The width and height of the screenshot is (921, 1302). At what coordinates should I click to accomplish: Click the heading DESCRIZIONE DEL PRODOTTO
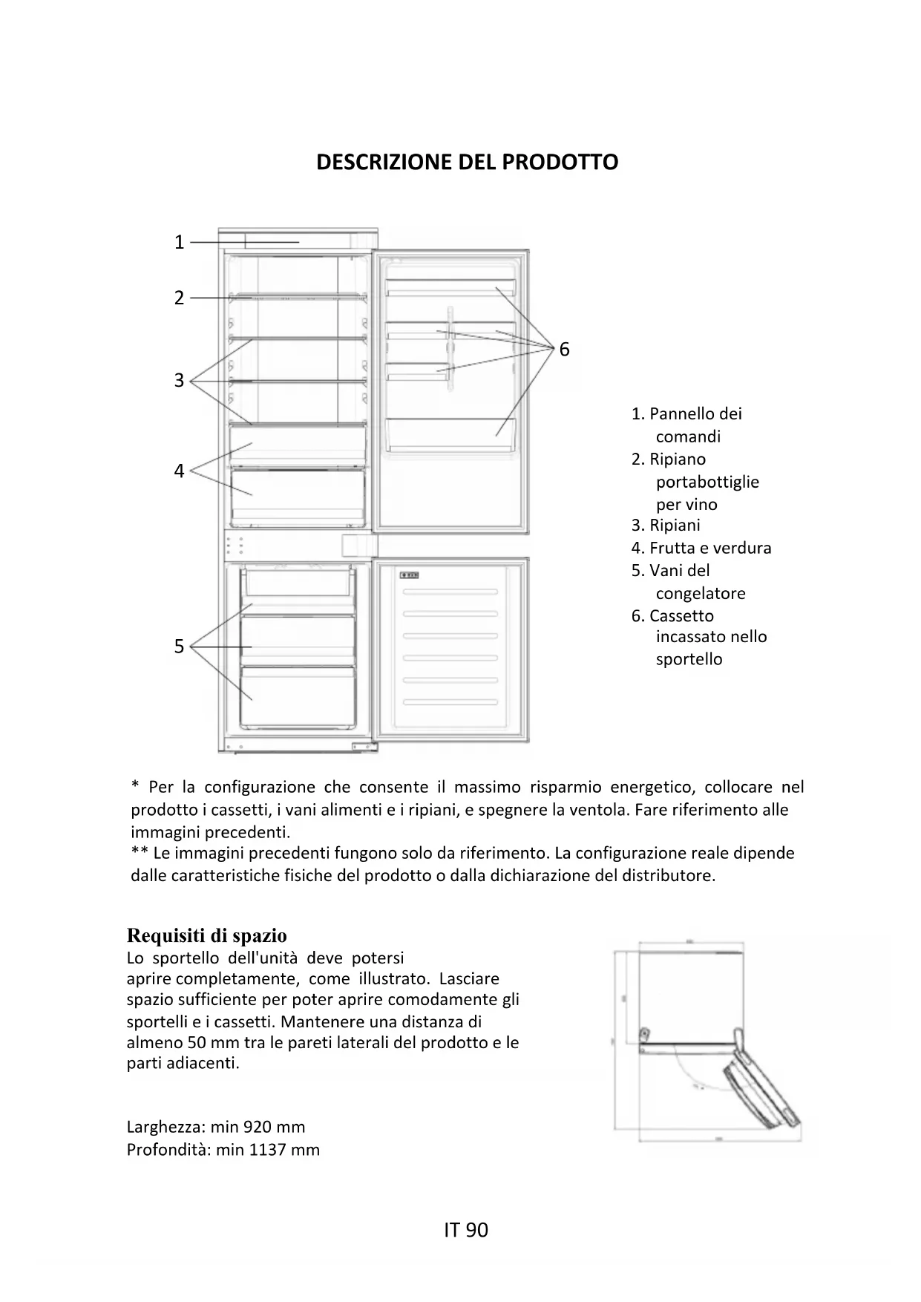click(x=467, y=163)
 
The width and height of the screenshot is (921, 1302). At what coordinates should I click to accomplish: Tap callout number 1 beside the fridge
click(x=179, y=242)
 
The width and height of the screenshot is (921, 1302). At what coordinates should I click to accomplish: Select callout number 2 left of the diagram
click(x=179, y=298)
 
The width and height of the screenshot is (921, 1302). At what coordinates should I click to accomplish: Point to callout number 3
click(x=179, y=380)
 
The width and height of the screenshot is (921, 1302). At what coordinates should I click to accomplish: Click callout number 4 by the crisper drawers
click(x=179, y=471)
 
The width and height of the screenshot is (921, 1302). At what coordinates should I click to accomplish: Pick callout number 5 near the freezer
click(x=179, y=647)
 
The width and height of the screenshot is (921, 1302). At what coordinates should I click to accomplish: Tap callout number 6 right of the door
click(x=564, y=350)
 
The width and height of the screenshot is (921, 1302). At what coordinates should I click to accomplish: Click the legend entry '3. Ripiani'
click(x=666, y=526)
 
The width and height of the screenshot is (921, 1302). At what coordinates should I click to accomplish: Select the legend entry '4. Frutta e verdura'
click(x=701, y=549)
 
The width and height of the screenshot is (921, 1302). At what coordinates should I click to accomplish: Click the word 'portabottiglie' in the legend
click(x=707, y=482)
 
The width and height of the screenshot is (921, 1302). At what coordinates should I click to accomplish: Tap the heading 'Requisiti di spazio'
click(x=206, y=935)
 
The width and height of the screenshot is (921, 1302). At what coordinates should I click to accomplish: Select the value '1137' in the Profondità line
click(x=267, y=1150)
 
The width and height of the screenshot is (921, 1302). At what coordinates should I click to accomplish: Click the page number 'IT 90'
click(x=466, y=1230)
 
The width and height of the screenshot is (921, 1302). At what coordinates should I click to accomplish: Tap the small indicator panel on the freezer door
click(x=410, y=574)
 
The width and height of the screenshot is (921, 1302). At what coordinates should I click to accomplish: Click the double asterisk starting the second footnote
click(x=139, y=853)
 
